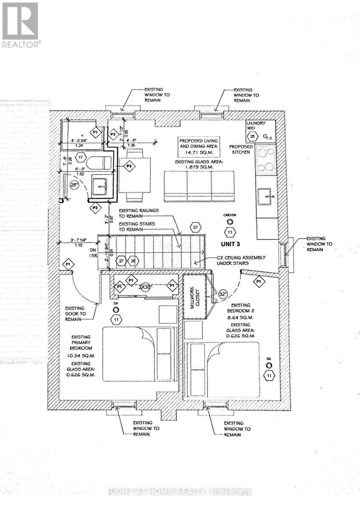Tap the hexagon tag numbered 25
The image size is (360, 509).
[x=253, y=137]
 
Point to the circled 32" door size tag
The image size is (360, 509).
[x=223, y=294]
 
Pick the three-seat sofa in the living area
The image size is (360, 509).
[x=199, y=186]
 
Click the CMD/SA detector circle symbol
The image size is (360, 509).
[x=230, y=222]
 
